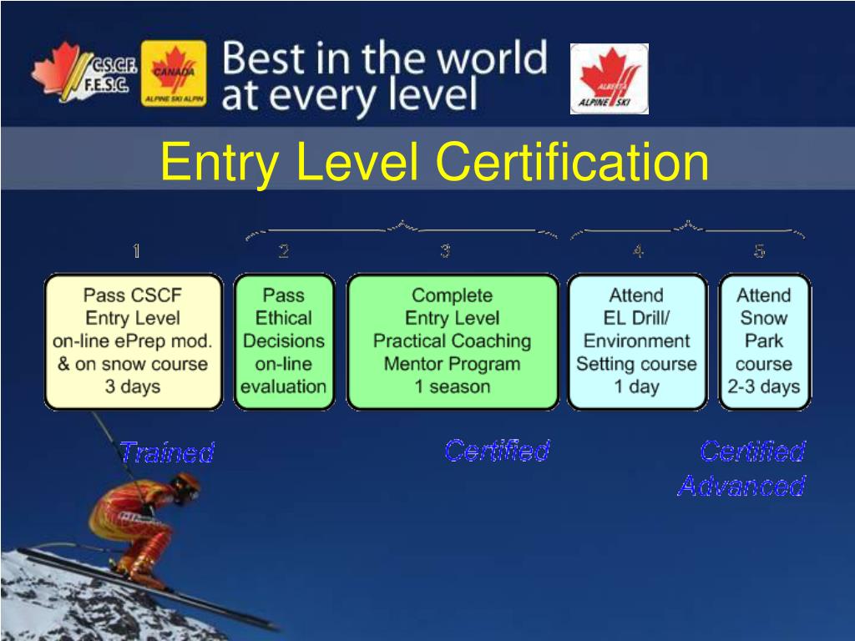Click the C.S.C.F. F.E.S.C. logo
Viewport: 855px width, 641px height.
(x=84, y=72)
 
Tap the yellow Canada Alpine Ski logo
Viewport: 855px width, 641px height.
(x=174, y=73)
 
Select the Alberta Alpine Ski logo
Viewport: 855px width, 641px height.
(x=609, y=78)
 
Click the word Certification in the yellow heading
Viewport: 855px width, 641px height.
(x=572, y=161)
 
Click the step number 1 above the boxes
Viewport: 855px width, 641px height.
(x=136, y=250)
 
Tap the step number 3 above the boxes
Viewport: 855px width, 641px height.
(x=446, y=250)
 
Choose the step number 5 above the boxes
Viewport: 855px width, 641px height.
(x=760, y=250)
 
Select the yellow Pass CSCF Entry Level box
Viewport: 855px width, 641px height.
(x=134, y=341)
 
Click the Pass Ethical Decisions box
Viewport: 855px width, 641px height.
(x=284, y=341)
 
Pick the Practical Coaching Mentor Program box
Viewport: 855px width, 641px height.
(x=453, y=341)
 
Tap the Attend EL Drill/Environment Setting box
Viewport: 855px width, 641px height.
(x=637, y=341)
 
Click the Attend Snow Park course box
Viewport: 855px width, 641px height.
(x=765, y=341)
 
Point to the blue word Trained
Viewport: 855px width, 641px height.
(x=167, y=452)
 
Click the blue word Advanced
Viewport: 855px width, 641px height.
(x=741, y=486)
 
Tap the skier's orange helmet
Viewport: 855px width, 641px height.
(x=186, y=485)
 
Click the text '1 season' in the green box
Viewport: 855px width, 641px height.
(x=453, y=386)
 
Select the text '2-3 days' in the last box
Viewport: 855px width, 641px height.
(x=764, y=386)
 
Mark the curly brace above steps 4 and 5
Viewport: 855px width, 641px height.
(x=687, y=229)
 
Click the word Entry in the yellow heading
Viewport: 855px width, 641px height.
(x=220, y=163)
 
